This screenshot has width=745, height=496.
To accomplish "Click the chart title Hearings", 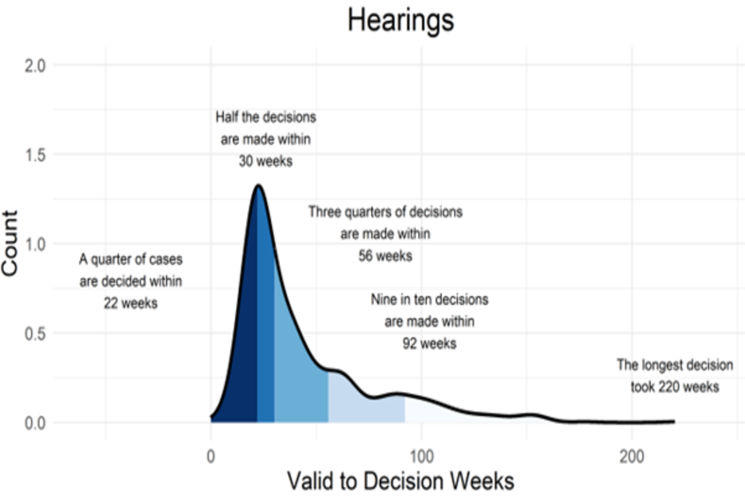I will [x=400, y=21].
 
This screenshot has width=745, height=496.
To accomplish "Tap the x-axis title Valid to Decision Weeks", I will [x=400, y=480].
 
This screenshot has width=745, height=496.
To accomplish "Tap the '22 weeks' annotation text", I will [x=130, y=303].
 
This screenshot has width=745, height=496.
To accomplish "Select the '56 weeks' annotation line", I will [x=385, y=255].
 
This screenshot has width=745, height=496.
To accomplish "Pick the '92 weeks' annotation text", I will [x=429, y=343].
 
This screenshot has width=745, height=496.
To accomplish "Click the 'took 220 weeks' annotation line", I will [x=668, y=386].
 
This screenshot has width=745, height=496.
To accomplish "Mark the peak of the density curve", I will [x=258, y=186].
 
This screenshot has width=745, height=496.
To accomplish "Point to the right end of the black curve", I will [x=674, y=421].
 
